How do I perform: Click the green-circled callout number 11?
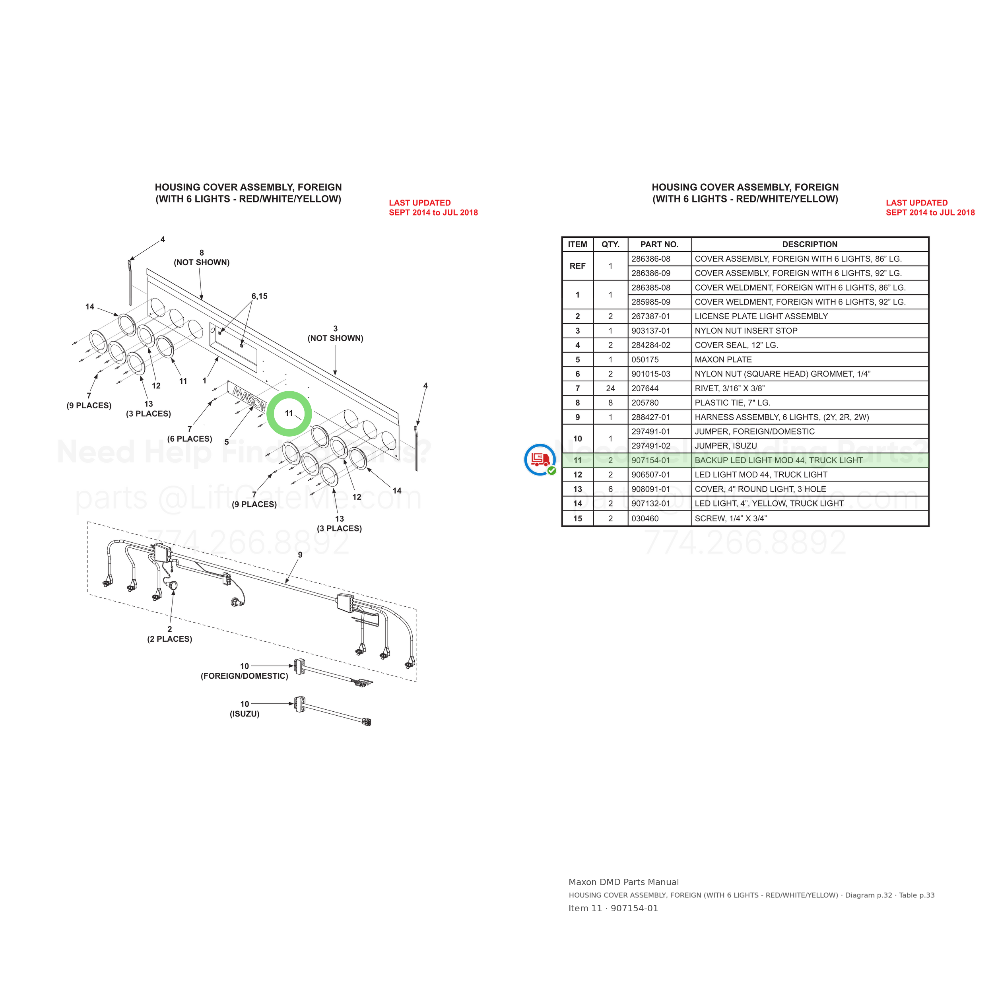[x=289, y=413]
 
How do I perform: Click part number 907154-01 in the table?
[x=651, y=460]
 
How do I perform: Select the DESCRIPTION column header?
[x=810, y=245]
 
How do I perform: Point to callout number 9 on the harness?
[x=300, y=555]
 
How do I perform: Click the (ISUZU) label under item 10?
[x=245, y=714]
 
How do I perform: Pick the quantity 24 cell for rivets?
[x=610, y=388]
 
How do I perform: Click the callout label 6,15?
[x=259, y=296]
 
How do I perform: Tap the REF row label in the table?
[x=577, y=266]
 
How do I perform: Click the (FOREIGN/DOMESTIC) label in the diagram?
[x=245, y=676]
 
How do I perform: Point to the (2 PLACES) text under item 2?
[x=170, y=639]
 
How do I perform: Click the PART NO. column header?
[x=660, y=245]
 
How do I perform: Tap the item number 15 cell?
[x=577, y=518]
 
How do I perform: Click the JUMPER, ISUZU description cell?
[x=726, y=446]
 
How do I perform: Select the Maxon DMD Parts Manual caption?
[x=623, y=882]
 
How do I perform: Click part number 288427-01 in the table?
[x=651, y=417]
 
